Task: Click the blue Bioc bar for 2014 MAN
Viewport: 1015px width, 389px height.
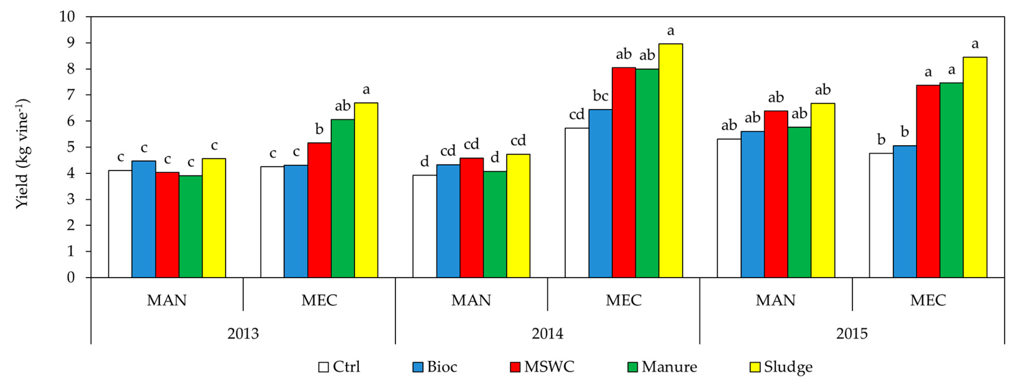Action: pyautogui.click(x=448, y=221)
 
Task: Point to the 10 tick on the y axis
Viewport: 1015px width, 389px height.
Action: pyautogui.click(x=67, y=17)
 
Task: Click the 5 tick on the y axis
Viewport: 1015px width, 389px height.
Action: pyautogui.click(x=71, y=147)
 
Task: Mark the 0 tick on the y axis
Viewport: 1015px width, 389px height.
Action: pyautogui.click(x=71, y=278)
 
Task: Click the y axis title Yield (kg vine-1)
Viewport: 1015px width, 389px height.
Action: pyautogui.click(x=23, y=154)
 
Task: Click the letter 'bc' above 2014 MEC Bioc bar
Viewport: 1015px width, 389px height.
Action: pyautogui.click(x=601, y=96)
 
